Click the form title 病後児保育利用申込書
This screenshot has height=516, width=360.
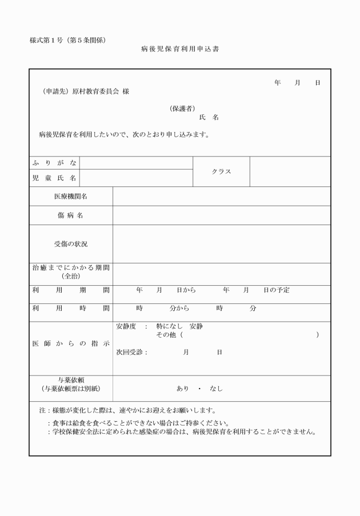[179, 50]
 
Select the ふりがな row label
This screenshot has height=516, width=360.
[54, 163]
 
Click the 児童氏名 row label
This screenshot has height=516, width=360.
[54, 178]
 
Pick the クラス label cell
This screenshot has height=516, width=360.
[221, 171]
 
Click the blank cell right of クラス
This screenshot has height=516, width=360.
[290, 171]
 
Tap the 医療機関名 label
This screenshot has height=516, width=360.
[71, 197]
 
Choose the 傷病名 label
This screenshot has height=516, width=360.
[71, 215]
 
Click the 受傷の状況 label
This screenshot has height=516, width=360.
[71, 244]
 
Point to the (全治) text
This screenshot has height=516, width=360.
[71, 276]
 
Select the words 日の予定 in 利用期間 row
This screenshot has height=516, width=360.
[277, 290]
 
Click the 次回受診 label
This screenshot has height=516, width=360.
[131, 353]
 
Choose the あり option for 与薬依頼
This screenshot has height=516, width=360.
[183, 389]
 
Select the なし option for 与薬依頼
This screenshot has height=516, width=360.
[216, 389]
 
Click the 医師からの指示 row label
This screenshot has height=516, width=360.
[71, 343]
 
